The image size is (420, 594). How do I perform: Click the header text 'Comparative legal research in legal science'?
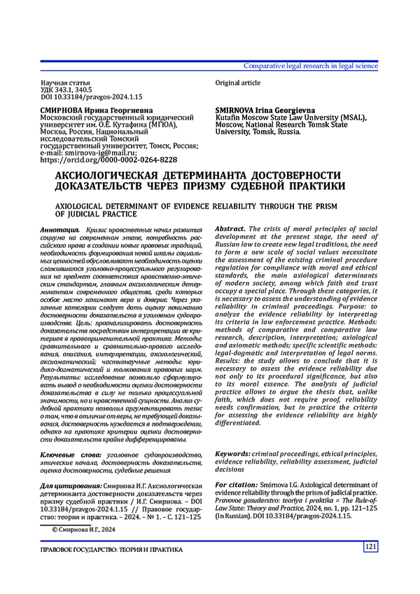click(310, 66)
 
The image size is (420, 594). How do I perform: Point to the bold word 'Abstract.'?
click(230, 229)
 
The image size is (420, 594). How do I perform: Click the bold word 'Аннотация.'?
click(60, 230)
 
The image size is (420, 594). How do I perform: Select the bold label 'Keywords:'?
click(232, 454)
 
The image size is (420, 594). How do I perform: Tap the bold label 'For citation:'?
click(236, 485)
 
